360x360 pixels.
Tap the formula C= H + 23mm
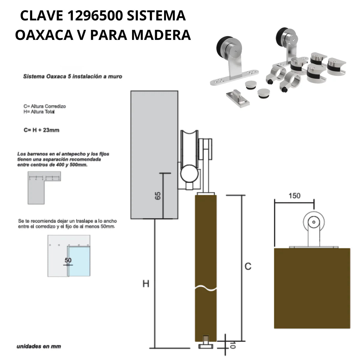(41, 130)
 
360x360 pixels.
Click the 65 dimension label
(158, 196)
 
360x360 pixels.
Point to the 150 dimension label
(294, 196)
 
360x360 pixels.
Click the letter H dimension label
(146, 283)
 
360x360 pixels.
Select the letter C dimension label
(248, 266)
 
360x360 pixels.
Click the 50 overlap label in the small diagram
(68, 260)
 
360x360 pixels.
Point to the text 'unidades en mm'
(39, 346)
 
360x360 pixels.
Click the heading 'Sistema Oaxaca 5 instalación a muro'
(73, 76)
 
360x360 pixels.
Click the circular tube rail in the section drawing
(190, 175)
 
